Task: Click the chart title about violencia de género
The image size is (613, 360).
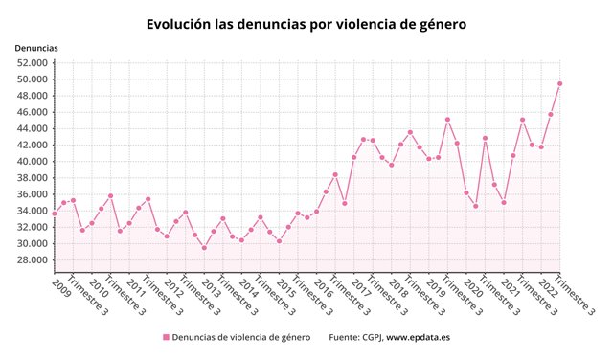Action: (306, 24)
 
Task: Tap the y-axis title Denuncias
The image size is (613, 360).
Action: (36, 47)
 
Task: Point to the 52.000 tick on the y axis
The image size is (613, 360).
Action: (33, 63)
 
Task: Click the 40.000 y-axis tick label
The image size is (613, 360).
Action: (33, 162)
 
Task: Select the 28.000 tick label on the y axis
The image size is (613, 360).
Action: (33, 260)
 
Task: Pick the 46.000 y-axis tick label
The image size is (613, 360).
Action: (33, 112)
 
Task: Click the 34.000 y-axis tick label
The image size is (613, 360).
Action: (33, 211)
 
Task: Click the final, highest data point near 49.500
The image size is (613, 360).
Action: (560, 83)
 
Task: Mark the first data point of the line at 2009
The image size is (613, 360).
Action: (55, 213)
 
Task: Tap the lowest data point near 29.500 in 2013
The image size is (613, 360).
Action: (204, 248)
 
